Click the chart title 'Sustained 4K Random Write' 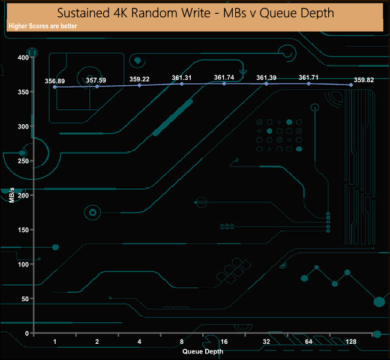point(195,13)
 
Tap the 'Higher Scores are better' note point(43,26)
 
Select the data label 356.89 point(55,80)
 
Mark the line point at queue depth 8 point(182,84)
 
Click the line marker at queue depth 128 point(351,85)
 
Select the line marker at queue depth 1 point(55,87)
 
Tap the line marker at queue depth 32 point(266,83)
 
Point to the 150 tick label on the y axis point(23,230)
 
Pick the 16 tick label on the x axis point(224,342)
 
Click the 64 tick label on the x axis point(308,342)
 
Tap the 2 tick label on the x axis point(97,342)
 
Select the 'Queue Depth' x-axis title point(203,351)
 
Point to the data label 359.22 point(140,79)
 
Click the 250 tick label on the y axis point(23,161)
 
